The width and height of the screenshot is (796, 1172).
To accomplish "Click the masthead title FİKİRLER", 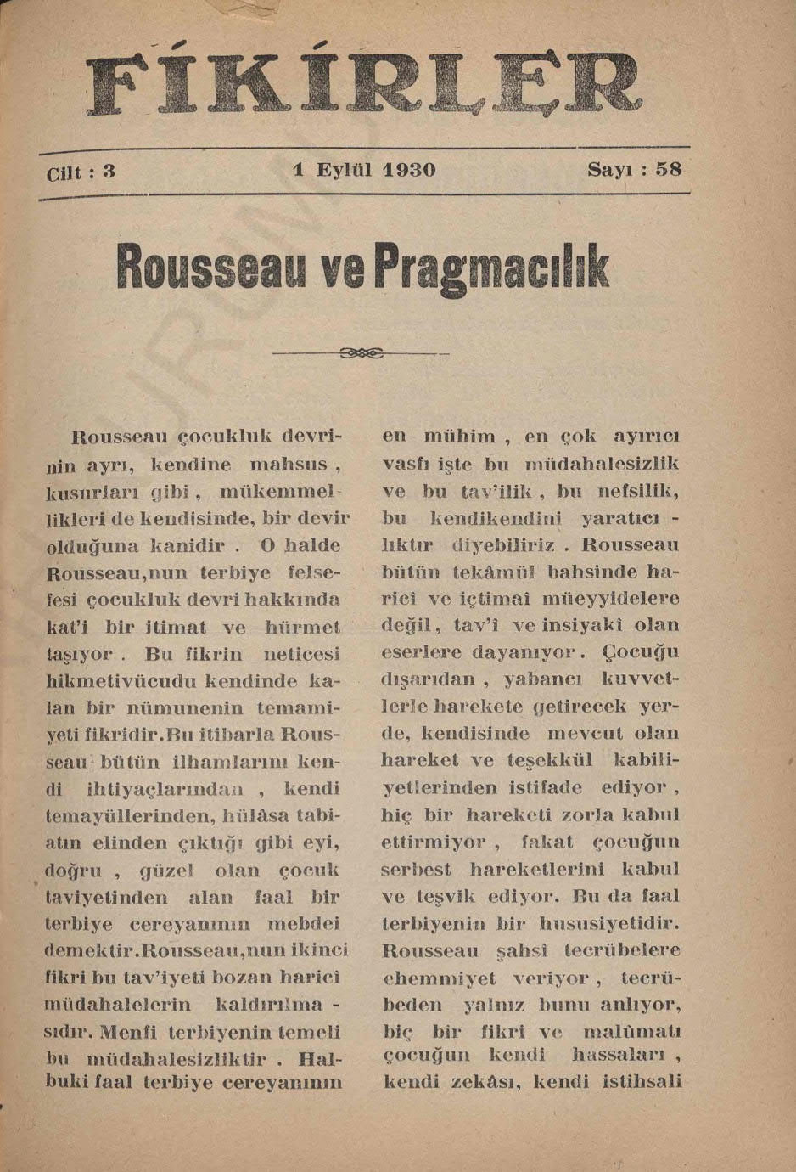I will (x=365, y=85).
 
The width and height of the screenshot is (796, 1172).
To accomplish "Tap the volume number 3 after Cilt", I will (x=109, y=171).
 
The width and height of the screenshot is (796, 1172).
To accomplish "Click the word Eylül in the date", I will (x=345, y=169).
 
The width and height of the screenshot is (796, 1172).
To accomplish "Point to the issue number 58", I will (x=669, y=168).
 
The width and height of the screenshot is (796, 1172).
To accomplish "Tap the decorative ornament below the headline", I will (x=360, y=352).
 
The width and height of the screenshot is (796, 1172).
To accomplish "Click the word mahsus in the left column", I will (x=289, y=465).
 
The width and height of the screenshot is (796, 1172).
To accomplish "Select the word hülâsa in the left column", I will (x=255, y=816).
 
